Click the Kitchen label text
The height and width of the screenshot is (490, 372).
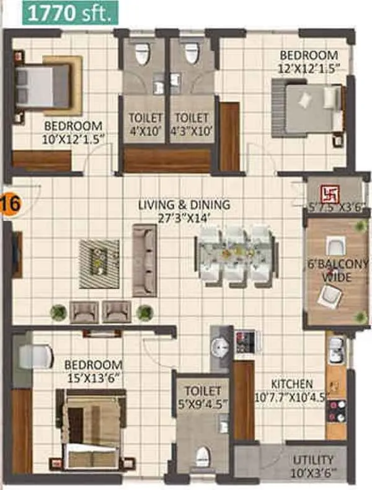tap(292, 390)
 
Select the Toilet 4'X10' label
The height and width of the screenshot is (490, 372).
tap(146, 123)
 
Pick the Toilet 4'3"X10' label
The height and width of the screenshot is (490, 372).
tap(192, 123)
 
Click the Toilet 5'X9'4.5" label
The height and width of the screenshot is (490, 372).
tap(203, 398)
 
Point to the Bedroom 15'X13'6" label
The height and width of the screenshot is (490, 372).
tap(93, 370)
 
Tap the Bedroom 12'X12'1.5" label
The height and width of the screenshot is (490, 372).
tap(308, 61)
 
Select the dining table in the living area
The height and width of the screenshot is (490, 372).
tap(233, 254)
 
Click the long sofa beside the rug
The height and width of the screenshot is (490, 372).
tap(144, 261)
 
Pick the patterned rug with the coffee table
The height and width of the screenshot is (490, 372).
tap(99, 263)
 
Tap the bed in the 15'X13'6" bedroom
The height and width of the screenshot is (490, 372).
tap(93, 425)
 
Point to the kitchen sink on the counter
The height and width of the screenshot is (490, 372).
tap(336, 350)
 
